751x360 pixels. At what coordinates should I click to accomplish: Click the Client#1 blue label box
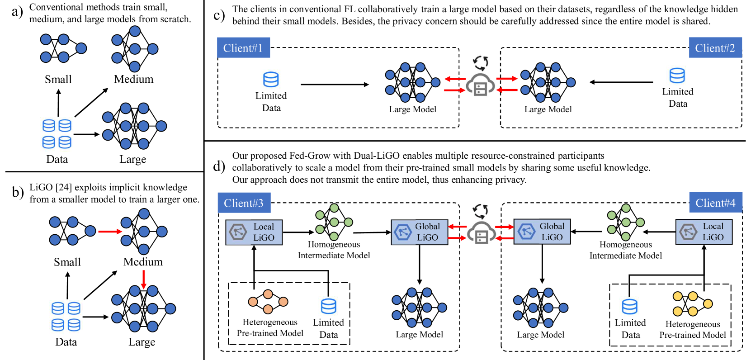point(243,48)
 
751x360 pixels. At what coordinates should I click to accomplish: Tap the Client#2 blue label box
point(715,48)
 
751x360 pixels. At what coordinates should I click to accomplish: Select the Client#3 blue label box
point(244,203)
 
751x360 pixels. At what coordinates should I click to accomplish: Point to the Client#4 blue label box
point(715,203)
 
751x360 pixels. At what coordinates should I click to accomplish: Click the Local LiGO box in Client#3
point(254,232)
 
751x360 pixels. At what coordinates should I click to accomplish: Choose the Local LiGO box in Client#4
point(704,232)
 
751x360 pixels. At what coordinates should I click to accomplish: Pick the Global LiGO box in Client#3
point(419,232)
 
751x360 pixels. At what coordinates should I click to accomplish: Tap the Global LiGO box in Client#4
point(542,232)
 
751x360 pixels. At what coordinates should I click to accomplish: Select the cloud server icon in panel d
point(481,232)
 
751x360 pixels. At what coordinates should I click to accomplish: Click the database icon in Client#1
point(271,80)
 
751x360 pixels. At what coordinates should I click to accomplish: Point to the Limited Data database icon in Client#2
point(677,76)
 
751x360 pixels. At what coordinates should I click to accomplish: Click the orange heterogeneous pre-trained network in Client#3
point(268,302)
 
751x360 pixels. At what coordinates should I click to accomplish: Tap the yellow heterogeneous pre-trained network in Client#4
point(692,303)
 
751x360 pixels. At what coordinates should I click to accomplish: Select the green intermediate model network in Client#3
point(334,222)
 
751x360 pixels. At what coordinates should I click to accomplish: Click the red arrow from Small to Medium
point(110,232)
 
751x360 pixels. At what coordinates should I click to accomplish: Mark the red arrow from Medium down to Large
point(143,279)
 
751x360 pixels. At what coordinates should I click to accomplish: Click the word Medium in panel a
point(134,79)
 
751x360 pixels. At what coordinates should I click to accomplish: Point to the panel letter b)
point(18,193)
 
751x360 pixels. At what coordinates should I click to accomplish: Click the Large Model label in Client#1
point(412,109)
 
